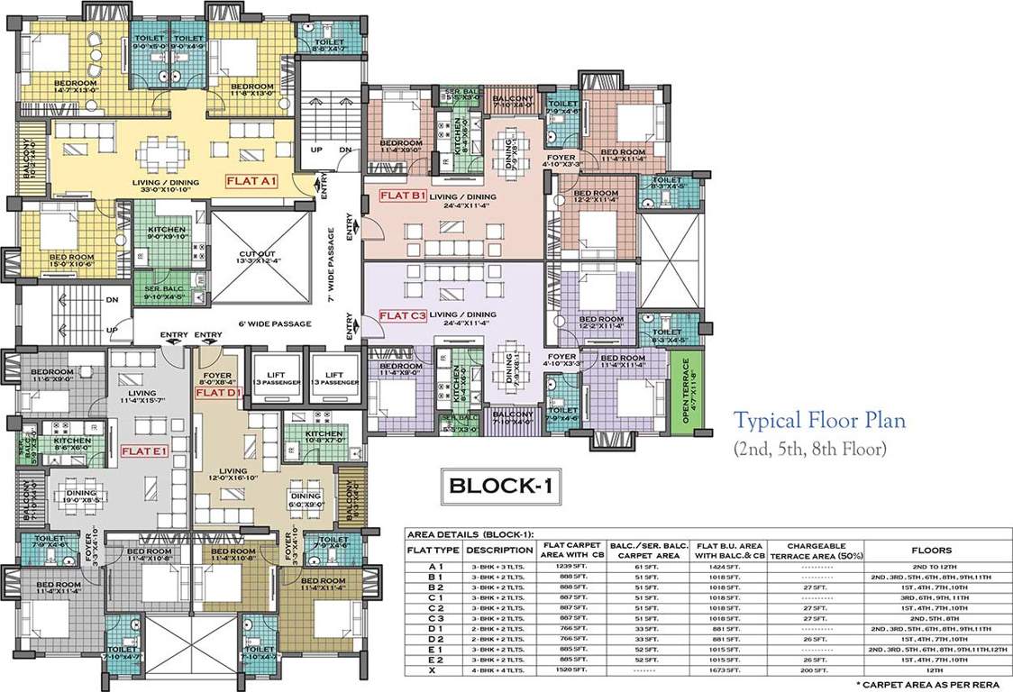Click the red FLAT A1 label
coord(255,180)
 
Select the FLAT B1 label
coord(403,196)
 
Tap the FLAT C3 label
coord(403,315)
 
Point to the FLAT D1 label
coord(216,393)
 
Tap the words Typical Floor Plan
coord(818,420)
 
